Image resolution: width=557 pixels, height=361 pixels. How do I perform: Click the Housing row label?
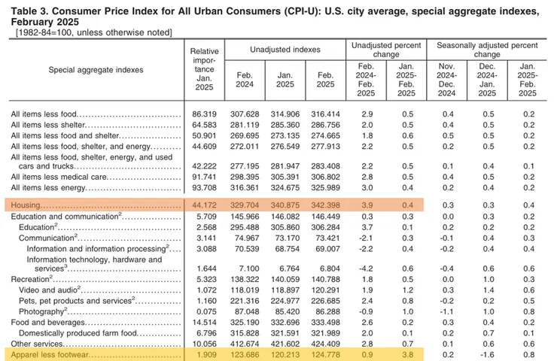[x=24, y=205]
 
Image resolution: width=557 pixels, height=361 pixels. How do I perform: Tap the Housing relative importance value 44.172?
[x=199, y=205]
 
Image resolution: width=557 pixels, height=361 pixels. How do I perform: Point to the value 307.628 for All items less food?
[x=244, y=114]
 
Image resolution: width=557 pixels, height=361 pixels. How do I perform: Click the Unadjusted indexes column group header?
[x=284, y=50]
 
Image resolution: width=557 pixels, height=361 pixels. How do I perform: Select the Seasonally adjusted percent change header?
[x=487, y=50]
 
